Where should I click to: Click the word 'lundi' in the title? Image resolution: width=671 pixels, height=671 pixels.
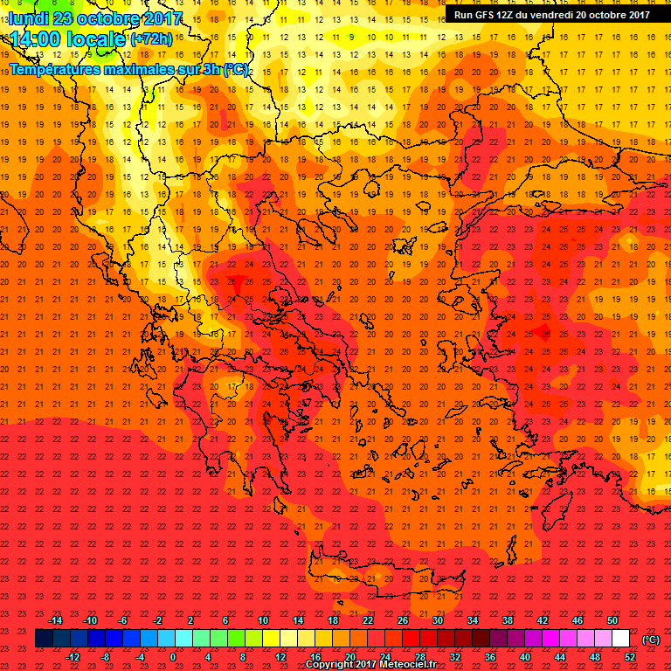30,18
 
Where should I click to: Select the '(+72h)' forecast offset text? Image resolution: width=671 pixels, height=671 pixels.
152,38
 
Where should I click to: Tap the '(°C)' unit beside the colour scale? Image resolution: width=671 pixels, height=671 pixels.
651,640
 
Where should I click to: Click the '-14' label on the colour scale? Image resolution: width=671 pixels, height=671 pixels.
56,620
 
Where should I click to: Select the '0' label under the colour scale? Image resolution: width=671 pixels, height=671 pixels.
173,657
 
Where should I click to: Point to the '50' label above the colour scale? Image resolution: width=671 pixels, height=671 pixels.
612,620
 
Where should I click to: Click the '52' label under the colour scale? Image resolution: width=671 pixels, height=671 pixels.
629,657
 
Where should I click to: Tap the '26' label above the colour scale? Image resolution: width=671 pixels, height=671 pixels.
403,620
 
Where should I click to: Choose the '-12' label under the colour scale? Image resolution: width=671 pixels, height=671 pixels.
73,657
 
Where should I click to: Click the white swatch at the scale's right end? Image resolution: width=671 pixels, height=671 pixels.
620,639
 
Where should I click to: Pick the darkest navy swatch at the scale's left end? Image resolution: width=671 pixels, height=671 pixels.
44,639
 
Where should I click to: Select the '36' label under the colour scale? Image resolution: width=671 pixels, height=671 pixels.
489,657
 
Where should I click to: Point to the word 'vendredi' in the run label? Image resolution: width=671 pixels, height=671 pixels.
571,14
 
